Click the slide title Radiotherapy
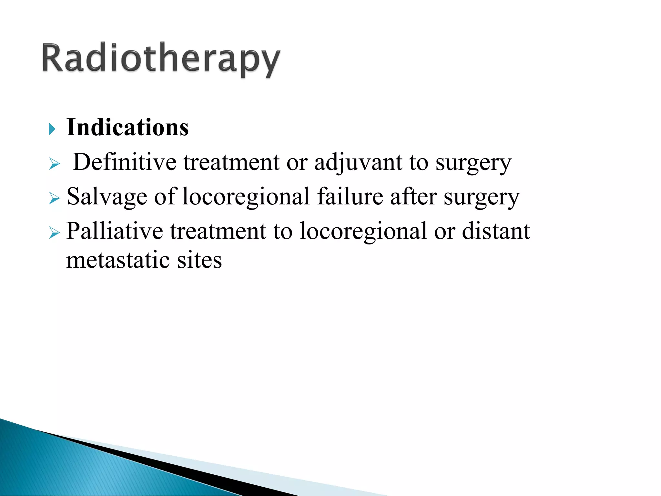click(161, 59)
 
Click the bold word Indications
click(127, 128)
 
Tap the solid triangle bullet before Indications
click(52, 129)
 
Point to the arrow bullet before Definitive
click(54, 164)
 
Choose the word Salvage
click(107, 197)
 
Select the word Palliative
click(115, 231)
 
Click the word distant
click(496, 231)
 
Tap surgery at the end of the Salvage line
click(482, 198)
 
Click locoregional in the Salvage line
click(246, 197)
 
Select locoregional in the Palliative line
click(363, 232)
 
